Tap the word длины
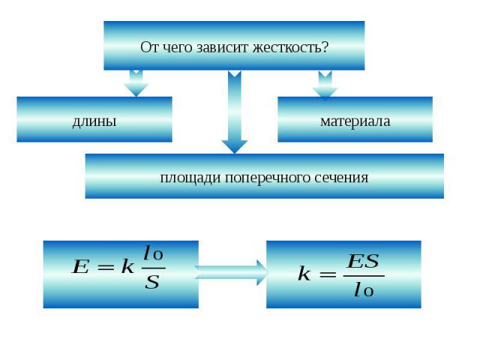point(94,120)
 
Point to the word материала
point(355,120)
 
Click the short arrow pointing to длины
point(136,82)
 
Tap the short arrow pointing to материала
point(325,84)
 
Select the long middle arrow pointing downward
point(235,112)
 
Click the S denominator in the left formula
point(152,284)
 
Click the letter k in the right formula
point(304,275)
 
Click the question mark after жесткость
point(325,46)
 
